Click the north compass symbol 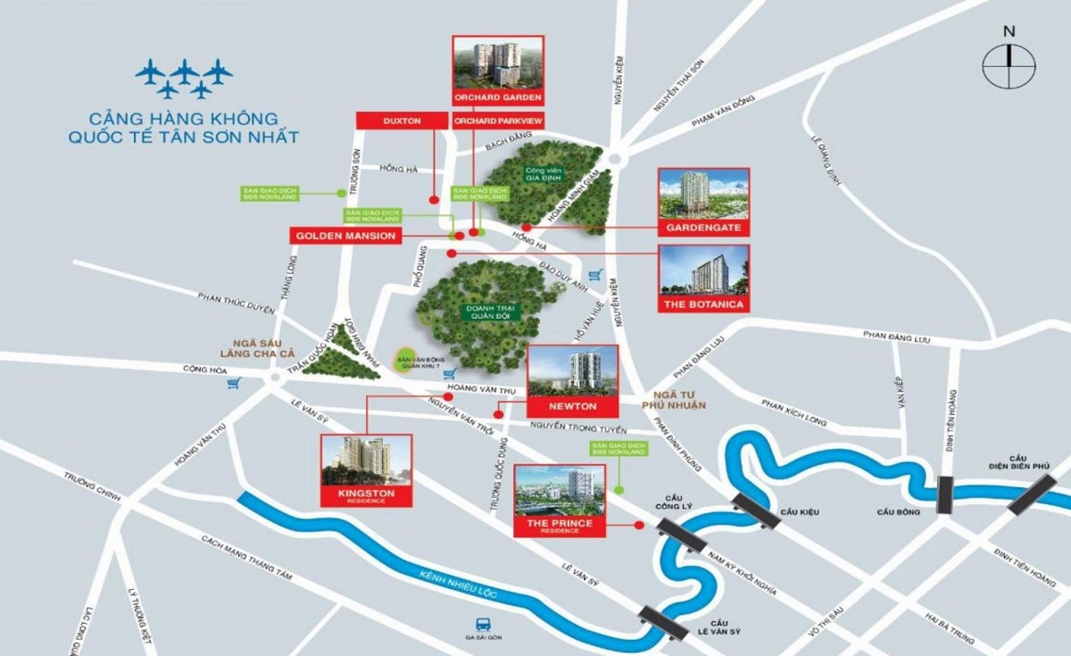[x=1009, y=66]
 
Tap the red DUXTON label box [x=401, y=120]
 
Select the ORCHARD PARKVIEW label [x=498, y=120]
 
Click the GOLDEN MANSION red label [x=345, y=235]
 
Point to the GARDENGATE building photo [x=703, y=195]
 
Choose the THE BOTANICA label [x=703, y=304]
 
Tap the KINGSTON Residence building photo [x=367, y=460]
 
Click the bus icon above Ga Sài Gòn [x=483, y=626]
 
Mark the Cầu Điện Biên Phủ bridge [x=1032, y=494]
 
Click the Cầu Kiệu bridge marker [x=755, y=511]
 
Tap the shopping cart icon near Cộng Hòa [x=235, y=384]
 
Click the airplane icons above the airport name [x=184, y=79]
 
